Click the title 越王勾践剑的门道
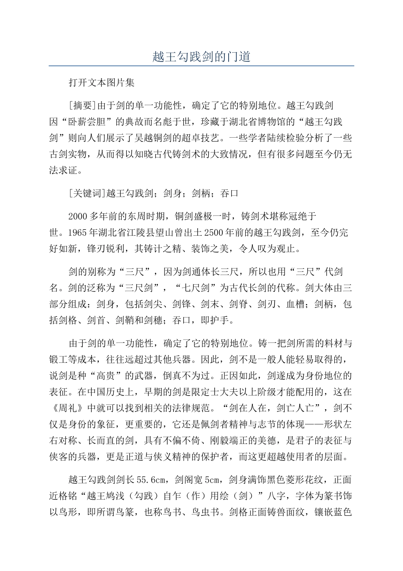(x=201, y=57)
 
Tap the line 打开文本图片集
(x=101, y=83)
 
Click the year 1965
(x=69, y=232)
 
